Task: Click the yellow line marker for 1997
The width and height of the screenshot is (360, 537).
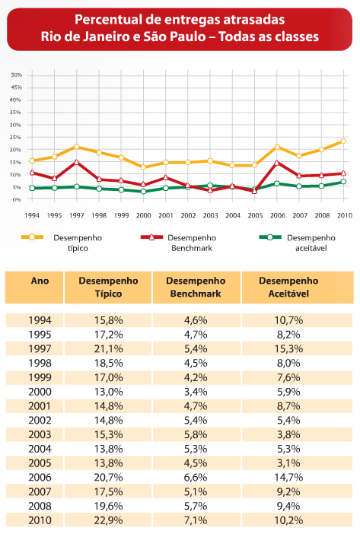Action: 77,147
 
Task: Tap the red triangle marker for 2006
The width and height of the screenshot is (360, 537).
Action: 277,163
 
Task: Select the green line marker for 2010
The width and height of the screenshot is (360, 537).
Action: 343,182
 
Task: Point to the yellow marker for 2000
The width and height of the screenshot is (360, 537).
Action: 144,167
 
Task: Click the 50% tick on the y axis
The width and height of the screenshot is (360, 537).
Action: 16,75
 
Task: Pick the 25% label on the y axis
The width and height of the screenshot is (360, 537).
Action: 15,137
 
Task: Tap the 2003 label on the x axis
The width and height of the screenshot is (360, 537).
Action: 210,215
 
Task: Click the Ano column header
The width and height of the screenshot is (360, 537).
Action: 40,281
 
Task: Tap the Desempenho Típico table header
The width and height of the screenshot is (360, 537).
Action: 108,287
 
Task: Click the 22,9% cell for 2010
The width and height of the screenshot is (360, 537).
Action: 108,520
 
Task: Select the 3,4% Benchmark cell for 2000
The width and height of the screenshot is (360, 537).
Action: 196,392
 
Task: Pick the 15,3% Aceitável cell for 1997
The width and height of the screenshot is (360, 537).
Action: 288,348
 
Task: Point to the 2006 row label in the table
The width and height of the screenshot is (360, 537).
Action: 40,477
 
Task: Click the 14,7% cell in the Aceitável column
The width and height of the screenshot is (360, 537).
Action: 288,477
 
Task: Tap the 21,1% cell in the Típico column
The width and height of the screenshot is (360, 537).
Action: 108,348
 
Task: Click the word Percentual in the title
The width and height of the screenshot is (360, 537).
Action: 108,20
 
